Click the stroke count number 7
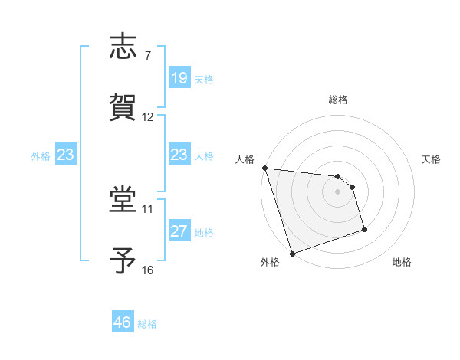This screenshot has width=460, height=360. [x=147, y=56]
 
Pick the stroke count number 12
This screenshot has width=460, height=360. [x=148, y=117]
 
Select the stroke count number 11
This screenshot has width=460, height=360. [x=148, y=208]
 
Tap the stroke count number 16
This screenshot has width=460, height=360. [x=148, y=270]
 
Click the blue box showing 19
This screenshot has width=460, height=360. [x=179, y=78]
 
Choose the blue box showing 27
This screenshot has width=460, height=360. [x=179, y=231]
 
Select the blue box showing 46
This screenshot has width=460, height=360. [x=122, y=322]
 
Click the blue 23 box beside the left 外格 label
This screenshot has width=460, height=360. [x=65, y=155]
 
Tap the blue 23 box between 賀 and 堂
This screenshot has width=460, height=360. [x=179, y=155]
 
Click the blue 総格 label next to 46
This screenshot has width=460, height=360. [x=147, y=324]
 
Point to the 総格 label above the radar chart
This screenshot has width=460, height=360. [x=337, y=100]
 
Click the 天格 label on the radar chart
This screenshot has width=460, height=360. [x=431, y=159]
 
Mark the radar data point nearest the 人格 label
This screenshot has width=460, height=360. [x=264, y=168]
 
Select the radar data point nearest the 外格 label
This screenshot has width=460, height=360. [x=292, y=253]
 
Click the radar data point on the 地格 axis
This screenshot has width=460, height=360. [x=364, y=229]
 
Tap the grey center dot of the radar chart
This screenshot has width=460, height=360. [x=337, y=191]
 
